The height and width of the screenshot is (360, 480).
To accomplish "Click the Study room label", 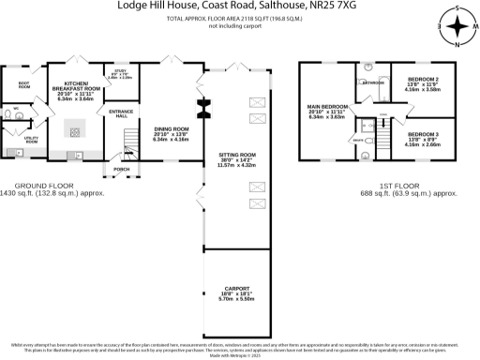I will (x=121, y=72).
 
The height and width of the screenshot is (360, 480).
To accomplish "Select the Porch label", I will (x=121, y=170).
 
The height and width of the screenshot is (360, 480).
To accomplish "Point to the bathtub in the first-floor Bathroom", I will (x=374, y=94).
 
